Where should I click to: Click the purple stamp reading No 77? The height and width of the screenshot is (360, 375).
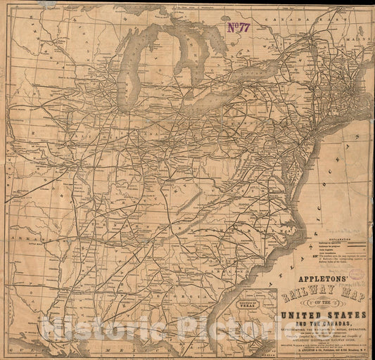coord(239,27)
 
